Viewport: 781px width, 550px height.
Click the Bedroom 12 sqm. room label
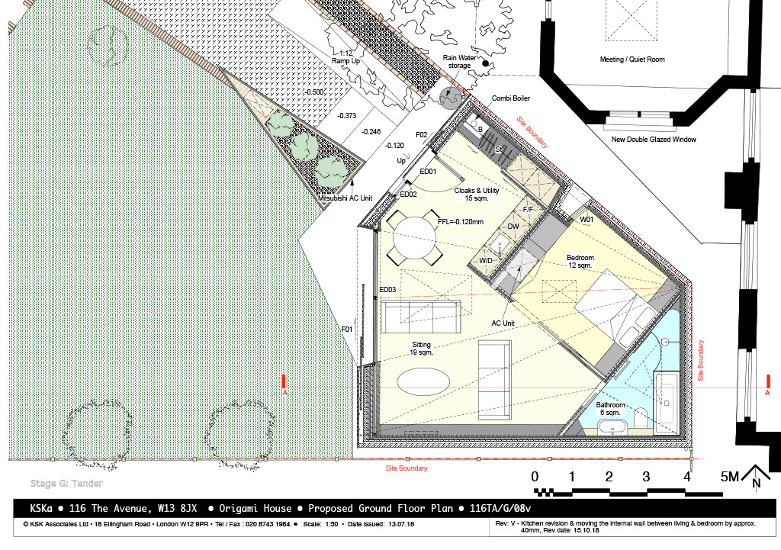[580, 262]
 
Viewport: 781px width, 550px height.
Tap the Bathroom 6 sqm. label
[610, 409]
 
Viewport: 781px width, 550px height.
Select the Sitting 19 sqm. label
[421, 349]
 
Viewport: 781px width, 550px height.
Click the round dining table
[415, 238]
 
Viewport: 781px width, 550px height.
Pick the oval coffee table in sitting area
[423, 381]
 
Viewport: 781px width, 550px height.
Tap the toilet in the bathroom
[641, 417]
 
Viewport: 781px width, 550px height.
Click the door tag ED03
[387, 290]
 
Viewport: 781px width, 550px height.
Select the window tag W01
[587, 220]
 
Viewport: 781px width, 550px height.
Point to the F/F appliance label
[528, 210]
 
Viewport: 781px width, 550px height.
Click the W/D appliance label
[486, 261]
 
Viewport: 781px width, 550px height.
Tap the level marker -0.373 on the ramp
[347, 116]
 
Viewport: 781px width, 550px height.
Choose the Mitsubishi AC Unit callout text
[346, 198]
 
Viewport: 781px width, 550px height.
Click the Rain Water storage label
[459, 62]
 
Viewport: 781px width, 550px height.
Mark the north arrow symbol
[756, 476]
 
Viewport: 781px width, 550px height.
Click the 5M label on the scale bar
[730, 477]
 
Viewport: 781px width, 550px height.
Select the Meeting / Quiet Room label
[632, 60]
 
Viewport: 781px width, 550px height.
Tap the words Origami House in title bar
[255, 509]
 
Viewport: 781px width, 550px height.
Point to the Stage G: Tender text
[66, 483]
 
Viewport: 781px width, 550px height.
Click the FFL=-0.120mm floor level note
[460, 222]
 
